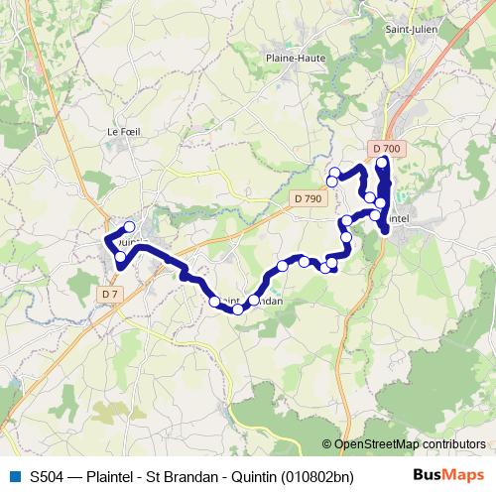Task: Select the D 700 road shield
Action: (387, 149)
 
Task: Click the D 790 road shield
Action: (309, 198)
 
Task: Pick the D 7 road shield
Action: (110, 294)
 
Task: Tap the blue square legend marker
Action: (13, 476)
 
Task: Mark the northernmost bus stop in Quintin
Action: (129, 227)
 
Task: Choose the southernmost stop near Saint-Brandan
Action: (238, 310)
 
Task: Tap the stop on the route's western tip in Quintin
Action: (108, 239)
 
